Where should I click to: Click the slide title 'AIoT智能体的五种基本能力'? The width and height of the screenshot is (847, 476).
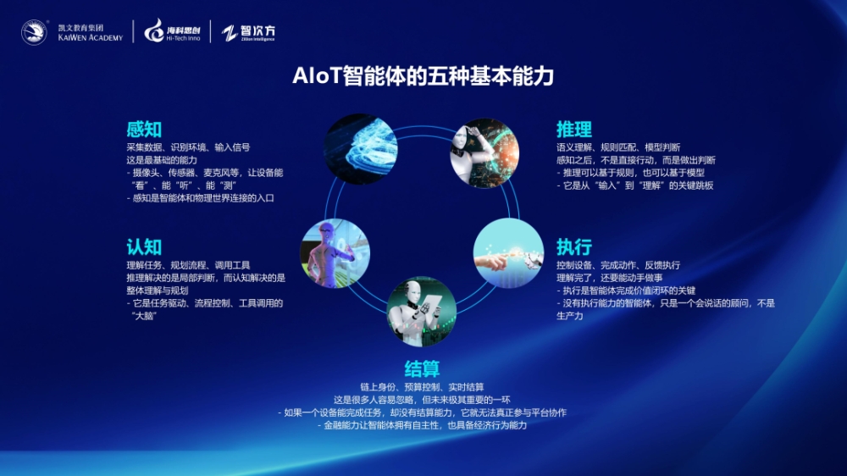[x=423, y=75]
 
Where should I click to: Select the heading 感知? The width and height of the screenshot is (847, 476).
[x=144, y=129]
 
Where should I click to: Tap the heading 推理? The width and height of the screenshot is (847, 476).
[x=574, y=129]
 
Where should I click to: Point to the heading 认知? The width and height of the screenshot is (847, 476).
[x=144, y=247]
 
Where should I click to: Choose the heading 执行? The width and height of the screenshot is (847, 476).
[x=574, y=247]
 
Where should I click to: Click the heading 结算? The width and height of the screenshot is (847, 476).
[x=422, y=368]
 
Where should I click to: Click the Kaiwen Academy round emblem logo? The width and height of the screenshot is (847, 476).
[x=34, y=32]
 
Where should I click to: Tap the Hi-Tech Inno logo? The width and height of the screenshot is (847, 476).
[x=172, y=31]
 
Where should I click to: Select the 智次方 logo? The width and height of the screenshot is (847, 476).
[x=248, y=32]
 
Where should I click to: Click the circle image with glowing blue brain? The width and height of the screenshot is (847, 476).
[x=360, y=149]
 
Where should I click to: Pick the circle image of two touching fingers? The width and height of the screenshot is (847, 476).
[x=508, y=253]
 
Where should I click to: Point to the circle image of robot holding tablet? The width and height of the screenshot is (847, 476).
[x=421, y=312]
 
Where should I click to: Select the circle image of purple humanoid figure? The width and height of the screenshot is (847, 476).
[x=335, y=253]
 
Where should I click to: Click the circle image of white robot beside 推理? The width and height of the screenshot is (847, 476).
[x=484, y=153]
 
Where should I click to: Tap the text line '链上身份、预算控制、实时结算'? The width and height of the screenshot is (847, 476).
[x=422, y=387]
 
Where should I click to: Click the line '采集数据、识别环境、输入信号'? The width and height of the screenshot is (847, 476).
[x=188, y=147]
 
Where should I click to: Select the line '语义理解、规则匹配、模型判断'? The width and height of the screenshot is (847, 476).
[x=618, y=147]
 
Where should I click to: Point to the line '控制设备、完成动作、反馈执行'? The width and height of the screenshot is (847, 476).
[x=618, y=265]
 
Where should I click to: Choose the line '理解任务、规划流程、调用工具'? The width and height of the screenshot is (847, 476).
[x=188, y=265]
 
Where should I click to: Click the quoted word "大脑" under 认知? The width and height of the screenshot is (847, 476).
[x=144, y=316]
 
